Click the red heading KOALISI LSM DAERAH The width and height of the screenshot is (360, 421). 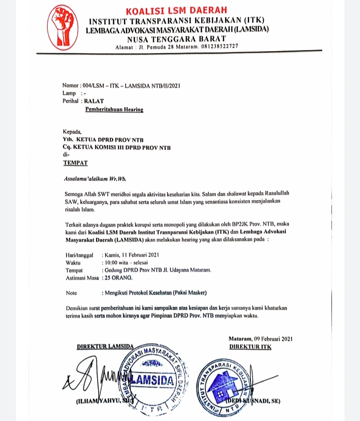[176, 10]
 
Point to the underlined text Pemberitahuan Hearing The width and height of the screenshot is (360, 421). [114, 109]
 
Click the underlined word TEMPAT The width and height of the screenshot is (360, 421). [75, 163]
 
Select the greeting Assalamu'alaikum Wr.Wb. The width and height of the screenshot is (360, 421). [94, 178]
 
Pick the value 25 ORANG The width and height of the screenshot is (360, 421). [118, 277]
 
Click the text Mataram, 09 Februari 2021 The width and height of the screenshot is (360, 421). [260, 339]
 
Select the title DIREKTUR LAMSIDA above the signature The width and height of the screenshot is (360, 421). [105, 346]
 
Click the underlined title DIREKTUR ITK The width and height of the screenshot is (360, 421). [250, 346]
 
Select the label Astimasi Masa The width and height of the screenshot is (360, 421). [82, 277]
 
